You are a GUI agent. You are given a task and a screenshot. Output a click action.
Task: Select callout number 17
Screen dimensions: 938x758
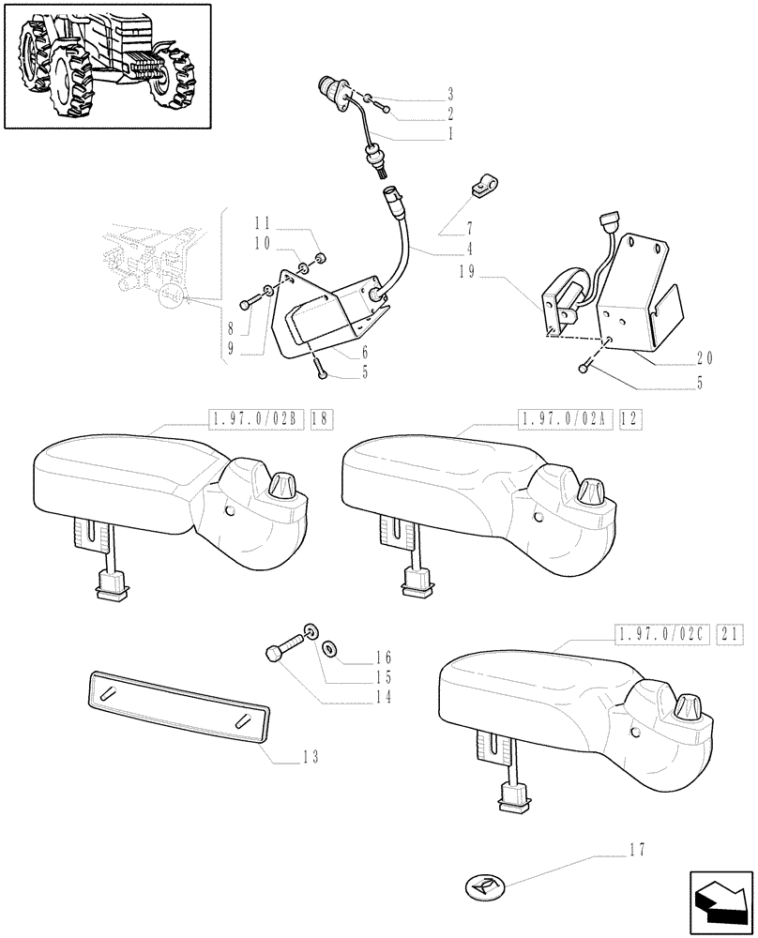click(x=640, y=852)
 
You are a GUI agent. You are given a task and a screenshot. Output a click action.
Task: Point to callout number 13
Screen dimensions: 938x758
click(x=310, y=756)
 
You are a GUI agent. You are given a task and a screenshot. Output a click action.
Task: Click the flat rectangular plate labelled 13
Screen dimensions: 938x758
click(x=177, y=703)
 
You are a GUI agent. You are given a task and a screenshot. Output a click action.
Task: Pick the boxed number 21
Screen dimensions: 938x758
click(x=729, y=636)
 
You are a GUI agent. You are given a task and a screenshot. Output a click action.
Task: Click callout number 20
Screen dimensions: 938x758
click(x=706, y=356)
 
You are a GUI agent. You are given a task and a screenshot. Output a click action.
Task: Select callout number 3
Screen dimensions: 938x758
click(x=450, y=94)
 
